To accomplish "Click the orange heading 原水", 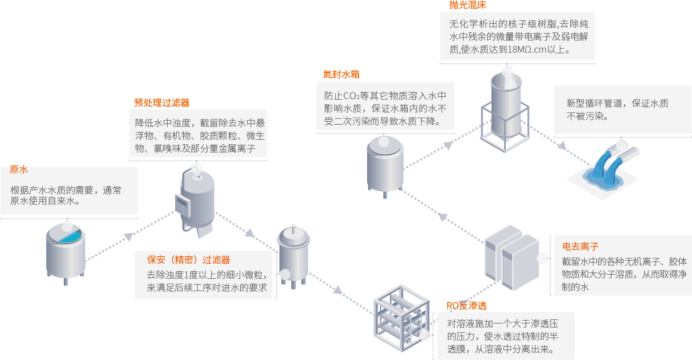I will point(19,170).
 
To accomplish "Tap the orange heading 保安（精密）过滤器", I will point(189,260).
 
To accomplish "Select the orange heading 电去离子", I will point(581,246).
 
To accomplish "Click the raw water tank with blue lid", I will point(66,252).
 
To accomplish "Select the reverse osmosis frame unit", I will point(400,319).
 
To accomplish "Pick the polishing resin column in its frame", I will point(505,110).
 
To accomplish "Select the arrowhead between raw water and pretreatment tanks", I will point(129,237).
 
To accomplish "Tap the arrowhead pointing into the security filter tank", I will point(250,233).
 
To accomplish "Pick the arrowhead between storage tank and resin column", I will point(447,145).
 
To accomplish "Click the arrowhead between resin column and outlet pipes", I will point(561,146).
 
